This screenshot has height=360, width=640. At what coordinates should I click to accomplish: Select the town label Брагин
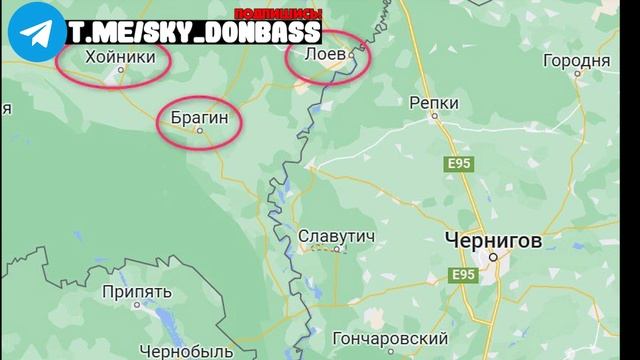(x=200, y=119)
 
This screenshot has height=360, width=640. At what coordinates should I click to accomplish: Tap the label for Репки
(x=435, y=101)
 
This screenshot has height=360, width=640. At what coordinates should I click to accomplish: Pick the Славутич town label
(x=337, y=237)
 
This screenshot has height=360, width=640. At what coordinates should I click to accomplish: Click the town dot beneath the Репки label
(x=435, y=115)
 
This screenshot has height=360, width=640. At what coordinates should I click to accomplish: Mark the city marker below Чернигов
(x=492, y=258)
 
